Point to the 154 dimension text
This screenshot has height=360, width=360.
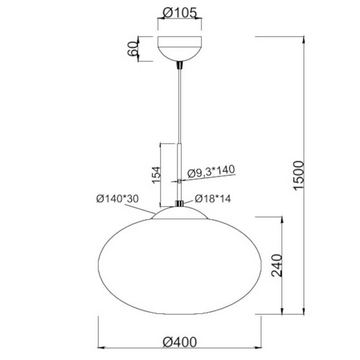coord(155,174)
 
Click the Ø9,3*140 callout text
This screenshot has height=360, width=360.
coord(211,172)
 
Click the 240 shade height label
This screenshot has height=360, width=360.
coord(276,265)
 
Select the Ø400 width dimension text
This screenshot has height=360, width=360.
coord(179,341)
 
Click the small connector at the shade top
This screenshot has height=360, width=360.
coord(179,203)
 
